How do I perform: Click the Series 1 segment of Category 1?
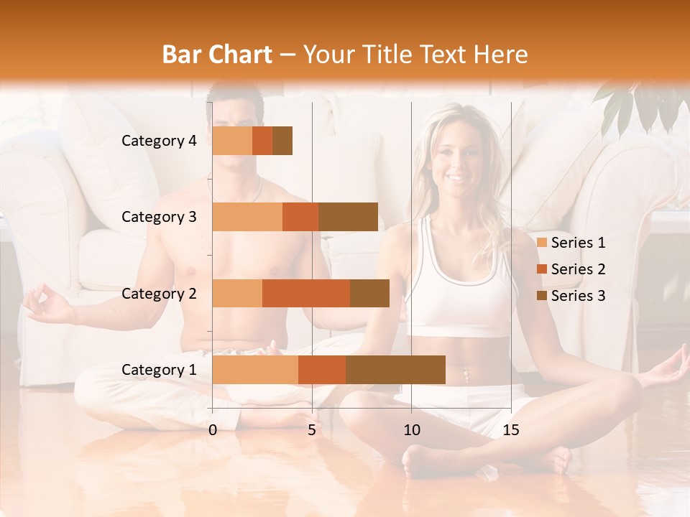[x=255, y=370]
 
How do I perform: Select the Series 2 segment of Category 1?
[x=322, y=370]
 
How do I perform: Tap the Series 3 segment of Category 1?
[x=395, y=370]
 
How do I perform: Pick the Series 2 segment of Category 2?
[x=306, y=293]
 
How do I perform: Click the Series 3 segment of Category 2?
[x=369, y=293]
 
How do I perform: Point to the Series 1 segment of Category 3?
[x=247, y=217]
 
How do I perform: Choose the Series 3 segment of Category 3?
[x=348, y=217]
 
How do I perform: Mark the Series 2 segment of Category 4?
[x=262, y=141]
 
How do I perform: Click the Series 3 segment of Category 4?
[x=282, y=141]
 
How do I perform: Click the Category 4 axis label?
[x=159, y=141]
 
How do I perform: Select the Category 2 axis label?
[x=159, y=293]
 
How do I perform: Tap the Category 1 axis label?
[x=159, y=370]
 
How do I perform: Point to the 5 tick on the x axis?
[x=312, y=430]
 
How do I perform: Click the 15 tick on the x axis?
[x=510, y=430]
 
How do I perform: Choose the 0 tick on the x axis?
[x=213, y=430]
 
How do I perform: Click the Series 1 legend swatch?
[x=541, y=243]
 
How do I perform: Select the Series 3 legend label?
[x=578, y=296]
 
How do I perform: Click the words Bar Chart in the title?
[x=217, y=54]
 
